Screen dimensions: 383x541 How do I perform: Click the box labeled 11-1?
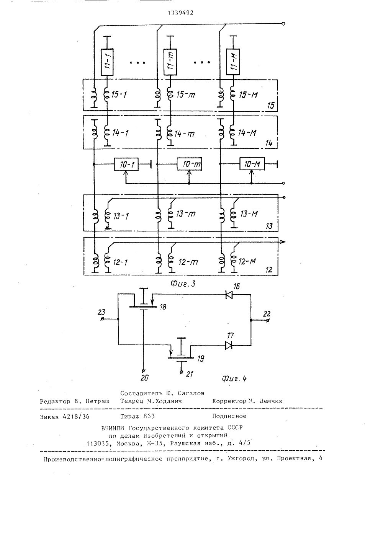pos(107,62)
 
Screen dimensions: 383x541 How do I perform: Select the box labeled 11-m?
pos(170,62)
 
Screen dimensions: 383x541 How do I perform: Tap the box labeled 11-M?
pos(233,62)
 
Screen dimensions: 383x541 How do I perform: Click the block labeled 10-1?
pos(126,164)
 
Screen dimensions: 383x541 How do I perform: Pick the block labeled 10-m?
pos(189,164)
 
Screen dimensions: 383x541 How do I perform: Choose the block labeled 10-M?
pos(252,164)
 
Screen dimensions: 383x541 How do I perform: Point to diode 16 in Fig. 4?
pos(229,295)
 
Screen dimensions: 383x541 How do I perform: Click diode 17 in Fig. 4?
pos(229,345)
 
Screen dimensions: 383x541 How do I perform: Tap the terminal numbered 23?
pos(102,319)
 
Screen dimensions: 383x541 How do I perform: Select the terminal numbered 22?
pos(267,320)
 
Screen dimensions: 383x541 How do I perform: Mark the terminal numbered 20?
pos(143,371)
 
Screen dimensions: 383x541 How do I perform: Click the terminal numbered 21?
pos(181,372)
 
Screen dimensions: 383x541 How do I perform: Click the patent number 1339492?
pos(181,13)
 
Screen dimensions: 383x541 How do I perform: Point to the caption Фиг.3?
pos(183,284)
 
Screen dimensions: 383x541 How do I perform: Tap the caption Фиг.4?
pos(234,378)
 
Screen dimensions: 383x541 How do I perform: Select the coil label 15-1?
pos(119,95)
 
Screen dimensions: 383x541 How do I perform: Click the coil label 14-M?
pos(247,133)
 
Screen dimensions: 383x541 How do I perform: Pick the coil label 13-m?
pos(186,214)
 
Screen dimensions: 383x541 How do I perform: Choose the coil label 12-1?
pos(120,262)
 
